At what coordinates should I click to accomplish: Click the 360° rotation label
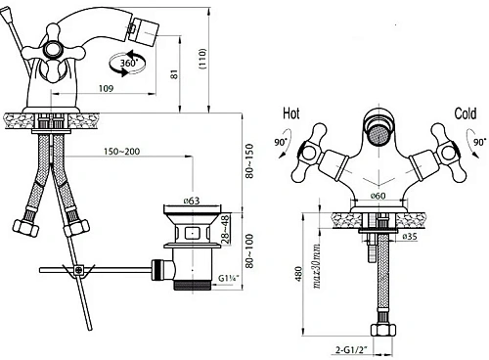(x=129, y=63)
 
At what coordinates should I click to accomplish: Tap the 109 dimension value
(x=106, y=88)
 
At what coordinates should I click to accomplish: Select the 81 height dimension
(x=175, y=74)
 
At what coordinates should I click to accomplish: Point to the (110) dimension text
(x=202, y=59)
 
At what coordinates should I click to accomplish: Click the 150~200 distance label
(x=121, y=152)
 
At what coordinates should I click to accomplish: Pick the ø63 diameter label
(x=192, y=201)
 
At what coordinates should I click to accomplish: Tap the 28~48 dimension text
(x=226, y=229)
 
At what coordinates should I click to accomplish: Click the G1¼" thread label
(x=229, y=278)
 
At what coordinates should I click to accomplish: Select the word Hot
(x=291, y=113)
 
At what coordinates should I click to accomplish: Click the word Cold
(x=466, y=113)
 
